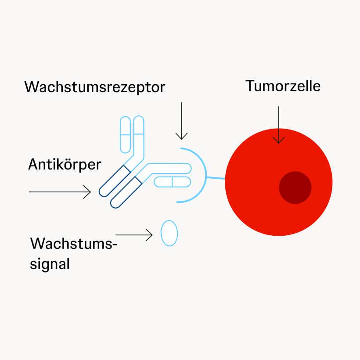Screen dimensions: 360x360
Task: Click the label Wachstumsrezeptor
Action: (x=95, y=87)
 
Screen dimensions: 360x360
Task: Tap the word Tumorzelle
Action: (x=283, y=86)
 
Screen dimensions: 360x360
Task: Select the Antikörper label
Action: (x=65, y=165)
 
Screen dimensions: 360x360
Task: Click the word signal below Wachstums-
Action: (x=50, y=264)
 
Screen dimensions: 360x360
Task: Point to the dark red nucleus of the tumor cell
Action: (x=295, y=188)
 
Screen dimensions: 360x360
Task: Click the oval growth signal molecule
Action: (x=169, y=233)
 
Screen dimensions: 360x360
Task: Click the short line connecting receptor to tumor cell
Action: (x=216, y=178)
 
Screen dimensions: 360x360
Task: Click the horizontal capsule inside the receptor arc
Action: (x=172, y=181)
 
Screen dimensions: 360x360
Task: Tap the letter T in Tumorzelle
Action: (x=249, y=86)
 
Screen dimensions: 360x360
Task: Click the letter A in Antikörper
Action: (x=33, y=165)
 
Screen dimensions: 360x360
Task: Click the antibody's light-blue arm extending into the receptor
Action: (x=169, y=168)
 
